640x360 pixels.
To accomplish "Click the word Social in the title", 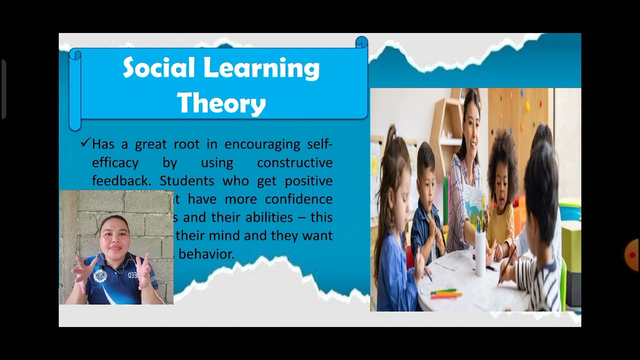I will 158,68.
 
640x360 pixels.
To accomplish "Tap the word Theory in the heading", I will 221,103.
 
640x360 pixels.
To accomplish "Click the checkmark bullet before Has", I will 84,143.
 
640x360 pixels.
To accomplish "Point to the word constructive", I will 294,163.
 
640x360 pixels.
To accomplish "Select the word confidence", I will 298,199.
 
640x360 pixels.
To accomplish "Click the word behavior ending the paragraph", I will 206,254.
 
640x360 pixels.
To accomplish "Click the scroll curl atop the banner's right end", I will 361,42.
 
